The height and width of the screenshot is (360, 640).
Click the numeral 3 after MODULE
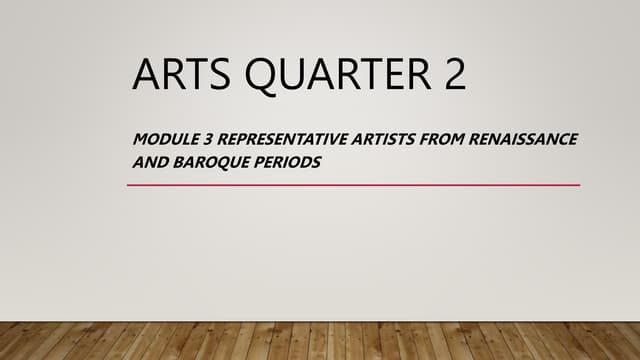point(203,139)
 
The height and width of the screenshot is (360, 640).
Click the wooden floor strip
point(320,341)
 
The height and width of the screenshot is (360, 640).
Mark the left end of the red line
point(129,185)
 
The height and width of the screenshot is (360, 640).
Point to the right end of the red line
point(578,185)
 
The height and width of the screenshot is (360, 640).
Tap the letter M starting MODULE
point(140,139)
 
